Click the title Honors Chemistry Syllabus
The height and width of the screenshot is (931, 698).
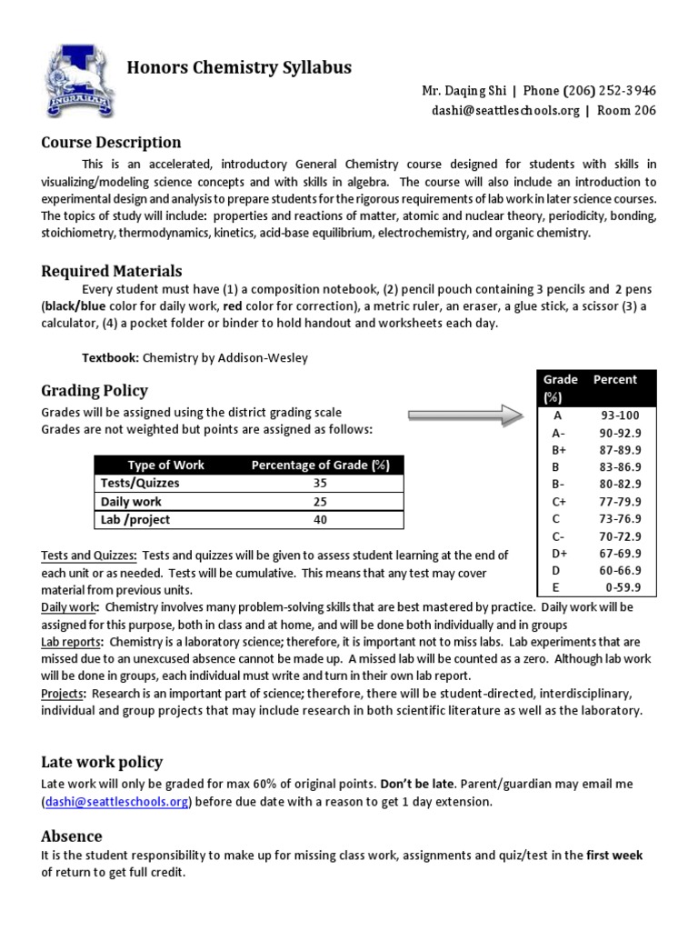point(238,68)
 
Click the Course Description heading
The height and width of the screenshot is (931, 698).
point(111,143)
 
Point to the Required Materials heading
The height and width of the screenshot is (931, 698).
point(112,271)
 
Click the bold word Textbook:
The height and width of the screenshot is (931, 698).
point(109,358)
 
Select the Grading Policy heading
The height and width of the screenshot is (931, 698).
point(95,391)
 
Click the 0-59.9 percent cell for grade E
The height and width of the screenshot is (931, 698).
point(622,587)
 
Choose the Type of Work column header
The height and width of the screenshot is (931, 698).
point(166,465)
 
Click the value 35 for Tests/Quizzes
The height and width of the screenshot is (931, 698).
point(319,484)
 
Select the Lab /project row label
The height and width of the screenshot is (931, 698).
point(136,520)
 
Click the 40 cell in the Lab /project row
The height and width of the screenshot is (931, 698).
point(319,520)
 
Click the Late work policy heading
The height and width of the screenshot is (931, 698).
point(102,762)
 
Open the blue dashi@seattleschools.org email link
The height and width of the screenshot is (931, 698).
point(115,801)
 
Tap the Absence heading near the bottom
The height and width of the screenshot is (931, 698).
point(72,836)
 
